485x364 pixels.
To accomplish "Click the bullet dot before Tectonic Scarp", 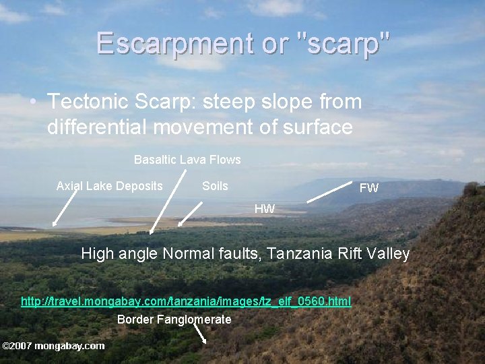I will pos(33,102).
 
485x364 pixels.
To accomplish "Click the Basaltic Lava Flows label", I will pos(187,160).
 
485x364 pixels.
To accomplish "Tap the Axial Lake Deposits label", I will pos(109,186).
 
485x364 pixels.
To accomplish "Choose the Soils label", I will pos(215,186).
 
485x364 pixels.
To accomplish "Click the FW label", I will pos(368,188).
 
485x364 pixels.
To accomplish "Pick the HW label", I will pos(264,209).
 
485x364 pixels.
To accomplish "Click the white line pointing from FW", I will pos(330,191).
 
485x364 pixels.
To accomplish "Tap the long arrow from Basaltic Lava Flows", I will pos(168,202).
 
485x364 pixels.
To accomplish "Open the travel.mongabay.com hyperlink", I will pos(186,301).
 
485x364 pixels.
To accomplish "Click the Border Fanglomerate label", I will pos(174,320).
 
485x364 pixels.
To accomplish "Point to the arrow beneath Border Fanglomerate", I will pos(200,334).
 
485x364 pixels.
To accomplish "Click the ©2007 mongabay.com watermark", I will pos(53,346).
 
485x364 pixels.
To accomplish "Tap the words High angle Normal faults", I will pos(172,254).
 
